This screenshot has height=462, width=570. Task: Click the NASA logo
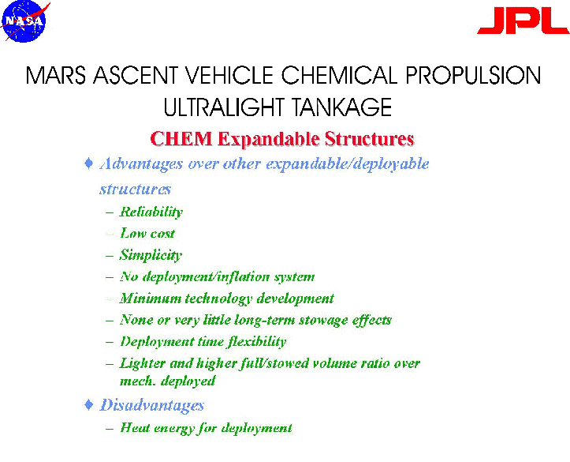coord(24,21)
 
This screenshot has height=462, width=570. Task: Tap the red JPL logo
coord(523,21)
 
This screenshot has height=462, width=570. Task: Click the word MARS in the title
coord(56,75)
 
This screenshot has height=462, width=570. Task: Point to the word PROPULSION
coord(473,75)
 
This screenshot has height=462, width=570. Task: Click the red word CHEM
coord(181,139)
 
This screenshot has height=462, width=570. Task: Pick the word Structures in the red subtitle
coord(369,139)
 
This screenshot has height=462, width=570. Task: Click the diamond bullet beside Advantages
coord(89,163)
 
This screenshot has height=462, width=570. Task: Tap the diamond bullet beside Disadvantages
coord(89,404)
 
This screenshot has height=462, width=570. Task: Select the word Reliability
coord(151,212)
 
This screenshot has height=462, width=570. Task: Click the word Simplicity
coord(151,255)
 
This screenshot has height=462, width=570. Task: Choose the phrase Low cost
coord(147,233)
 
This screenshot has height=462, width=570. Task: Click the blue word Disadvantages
coord(152,405)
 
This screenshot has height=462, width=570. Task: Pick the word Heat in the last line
coord(135,427)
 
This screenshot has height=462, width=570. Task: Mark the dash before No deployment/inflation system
coord(110,277)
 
